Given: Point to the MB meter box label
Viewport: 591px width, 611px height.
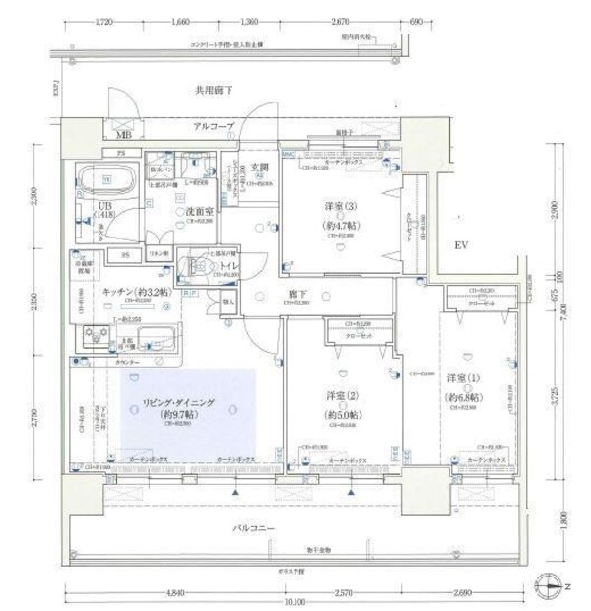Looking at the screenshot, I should tap(124, 134).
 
